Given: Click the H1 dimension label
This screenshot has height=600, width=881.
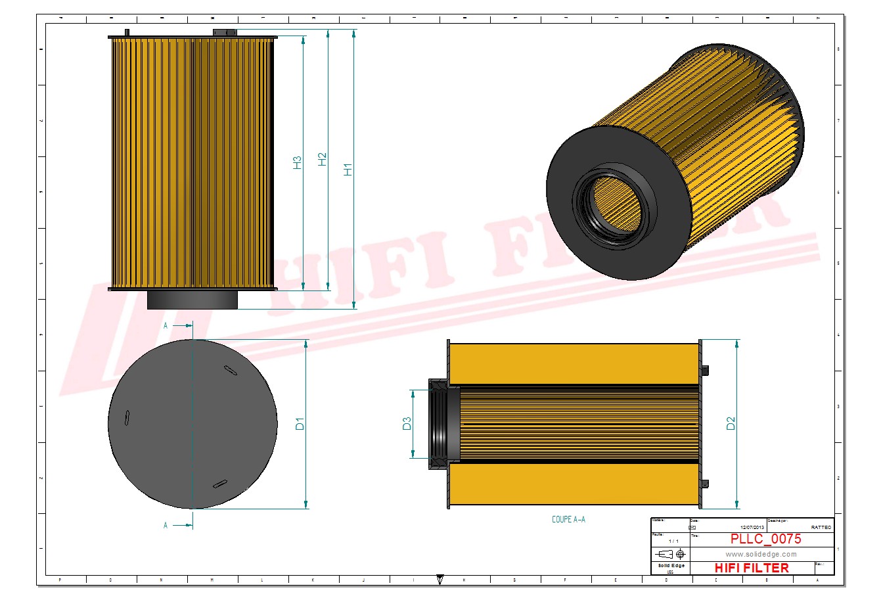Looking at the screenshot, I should click(348, 169).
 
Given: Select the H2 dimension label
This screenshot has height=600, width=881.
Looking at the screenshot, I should click(322, 159).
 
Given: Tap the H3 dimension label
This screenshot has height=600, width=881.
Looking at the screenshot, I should click(297, 162).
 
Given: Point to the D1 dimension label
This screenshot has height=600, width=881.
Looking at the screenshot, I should click(300, 424).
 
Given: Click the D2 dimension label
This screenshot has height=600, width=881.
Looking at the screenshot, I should click(731, 424).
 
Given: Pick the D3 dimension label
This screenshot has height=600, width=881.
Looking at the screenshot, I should click(407, 424).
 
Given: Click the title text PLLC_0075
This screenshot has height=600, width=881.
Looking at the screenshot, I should click(765, 539).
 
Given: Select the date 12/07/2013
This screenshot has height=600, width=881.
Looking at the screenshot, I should click(752, 527).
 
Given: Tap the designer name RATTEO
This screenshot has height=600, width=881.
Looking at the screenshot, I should click(821, 527).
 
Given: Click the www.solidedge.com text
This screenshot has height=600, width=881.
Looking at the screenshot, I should click(761, 554).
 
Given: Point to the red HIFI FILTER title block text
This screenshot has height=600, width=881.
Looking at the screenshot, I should click(751, 568).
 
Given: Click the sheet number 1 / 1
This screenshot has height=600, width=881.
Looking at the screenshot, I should click(673, 541).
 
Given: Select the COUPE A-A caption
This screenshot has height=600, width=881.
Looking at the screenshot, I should click(568, 519).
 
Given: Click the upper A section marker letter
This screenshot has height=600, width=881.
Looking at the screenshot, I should click(166, 325).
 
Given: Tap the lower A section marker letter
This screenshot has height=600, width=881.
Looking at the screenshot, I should click(166, 525).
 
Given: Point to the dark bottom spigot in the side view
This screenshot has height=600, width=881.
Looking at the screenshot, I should click(192, 300).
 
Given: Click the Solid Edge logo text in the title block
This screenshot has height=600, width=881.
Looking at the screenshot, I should click(671, 566).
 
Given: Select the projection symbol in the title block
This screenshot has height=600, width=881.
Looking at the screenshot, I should click(673, 554).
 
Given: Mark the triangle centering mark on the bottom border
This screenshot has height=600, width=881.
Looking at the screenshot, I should click(440, 580).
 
